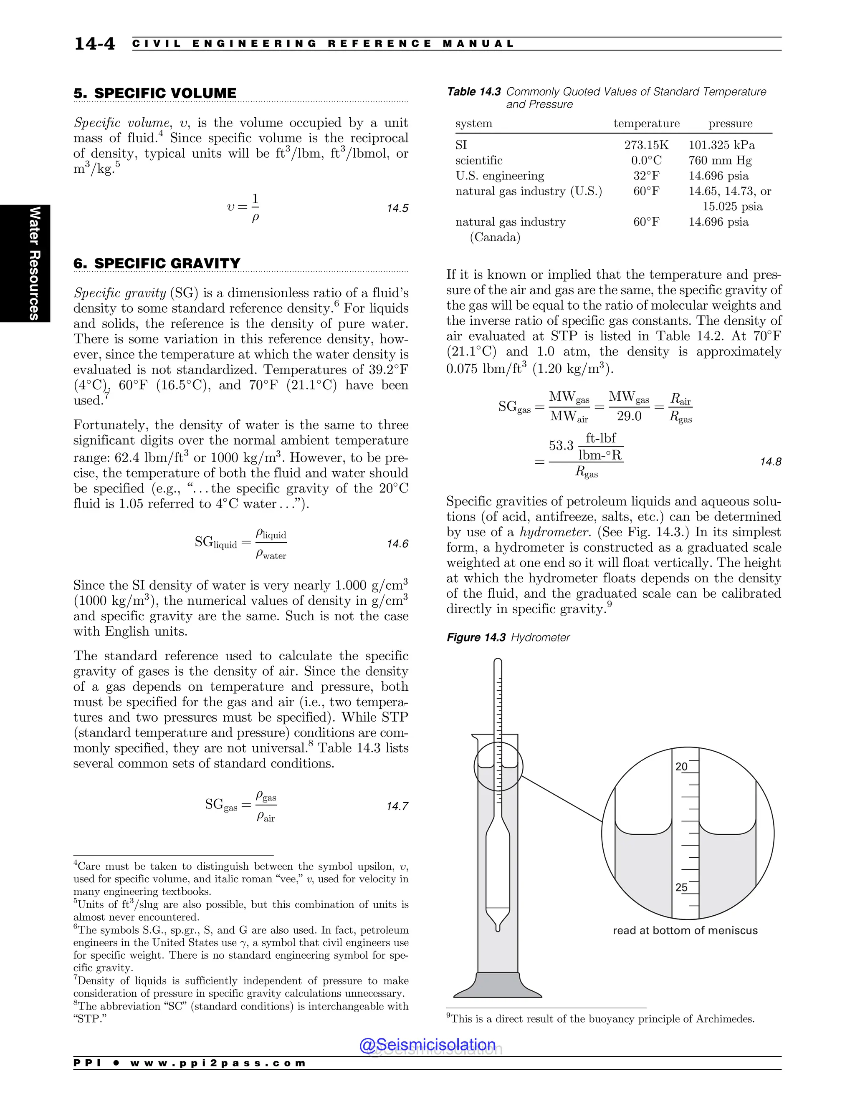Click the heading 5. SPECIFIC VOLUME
pos(155,93)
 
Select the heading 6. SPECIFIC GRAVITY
pos(157,263)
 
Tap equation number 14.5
pos(397,209)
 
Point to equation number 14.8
pos(770,462)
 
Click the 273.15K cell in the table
pos(646,145)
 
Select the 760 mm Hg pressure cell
pos(720,161)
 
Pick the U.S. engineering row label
pos(499,176)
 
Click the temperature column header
pos(646,124)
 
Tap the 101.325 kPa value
pos(721,145)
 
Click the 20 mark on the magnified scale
pos(681,767)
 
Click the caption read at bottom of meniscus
pos(685,930)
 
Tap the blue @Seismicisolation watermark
pos(427,1045)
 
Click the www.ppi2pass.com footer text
pos(218,1063)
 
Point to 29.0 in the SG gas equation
pos(629,416)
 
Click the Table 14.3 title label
pos(473,92)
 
